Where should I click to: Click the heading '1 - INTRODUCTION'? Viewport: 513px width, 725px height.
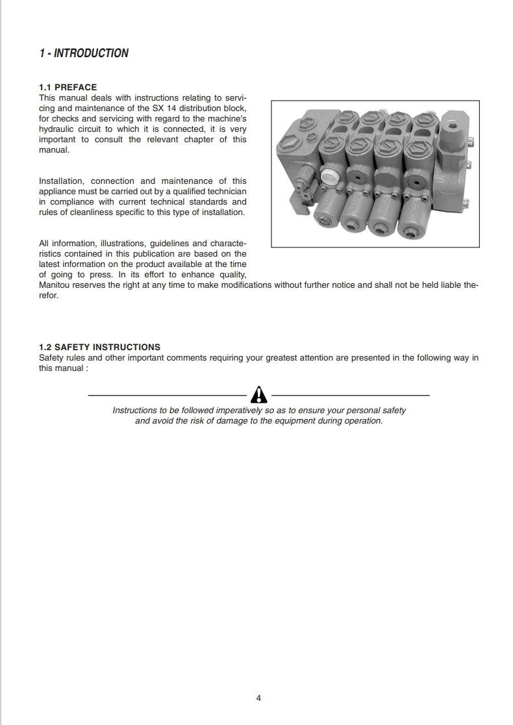[x=84, y=53]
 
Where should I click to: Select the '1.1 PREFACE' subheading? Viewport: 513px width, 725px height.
[x=68, y=87]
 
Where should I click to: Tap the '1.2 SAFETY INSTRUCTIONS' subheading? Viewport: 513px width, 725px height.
[x=99, y=347]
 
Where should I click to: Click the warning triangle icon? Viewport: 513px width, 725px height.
[x=258, y=394]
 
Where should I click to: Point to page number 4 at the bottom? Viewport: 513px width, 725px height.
[x=258, y=698]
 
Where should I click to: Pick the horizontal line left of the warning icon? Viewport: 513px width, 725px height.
[x=167, y=395]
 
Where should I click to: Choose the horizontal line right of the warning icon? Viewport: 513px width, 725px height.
[x=350, y=395]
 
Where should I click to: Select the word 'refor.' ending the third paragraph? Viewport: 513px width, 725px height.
[x=49, y=295]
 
